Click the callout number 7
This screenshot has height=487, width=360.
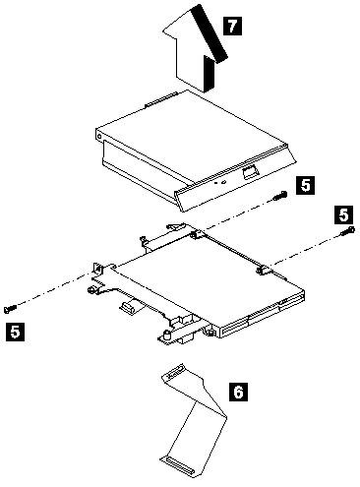click(232, 26)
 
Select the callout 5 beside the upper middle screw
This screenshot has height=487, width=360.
click(305, 185)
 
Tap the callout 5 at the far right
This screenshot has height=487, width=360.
click(343, 214)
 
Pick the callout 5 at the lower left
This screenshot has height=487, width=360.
click(15, 332)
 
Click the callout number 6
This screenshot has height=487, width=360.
click(238, 392)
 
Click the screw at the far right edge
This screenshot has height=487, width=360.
click(348, 231)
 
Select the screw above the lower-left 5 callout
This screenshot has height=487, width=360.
click(10, 309)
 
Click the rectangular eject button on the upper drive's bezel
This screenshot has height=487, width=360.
click(251, 172)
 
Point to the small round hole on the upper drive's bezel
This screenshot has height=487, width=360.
click(223, 182)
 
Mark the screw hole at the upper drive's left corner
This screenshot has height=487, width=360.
click(99, 136)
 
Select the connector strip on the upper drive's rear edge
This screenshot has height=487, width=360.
click(161, 99)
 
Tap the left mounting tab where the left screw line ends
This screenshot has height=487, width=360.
click(98, 269)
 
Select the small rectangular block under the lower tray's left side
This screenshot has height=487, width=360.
click(129, 308)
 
